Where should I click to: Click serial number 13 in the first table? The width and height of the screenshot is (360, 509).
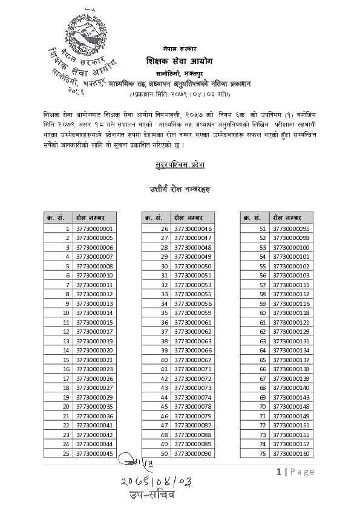[67, 341]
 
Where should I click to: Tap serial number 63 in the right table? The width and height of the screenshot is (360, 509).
[263, 341]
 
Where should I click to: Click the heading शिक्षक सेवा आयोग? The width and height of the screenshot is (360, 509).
[180, 61]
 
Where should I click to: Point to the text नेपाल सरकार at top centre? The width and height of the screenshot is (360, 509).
[180, 47]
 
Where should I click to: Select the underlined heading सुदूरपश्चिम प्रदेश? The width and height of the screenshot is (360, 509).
[180, 164]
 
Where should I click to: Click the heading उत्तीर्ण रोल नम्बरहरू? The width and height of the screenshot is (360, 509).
[180, 189]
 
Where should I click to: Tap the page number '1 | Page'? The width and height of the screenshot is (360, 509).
[295, 472]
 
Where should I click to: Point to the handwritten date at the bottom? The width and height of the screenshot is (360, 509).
[155, 481]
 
